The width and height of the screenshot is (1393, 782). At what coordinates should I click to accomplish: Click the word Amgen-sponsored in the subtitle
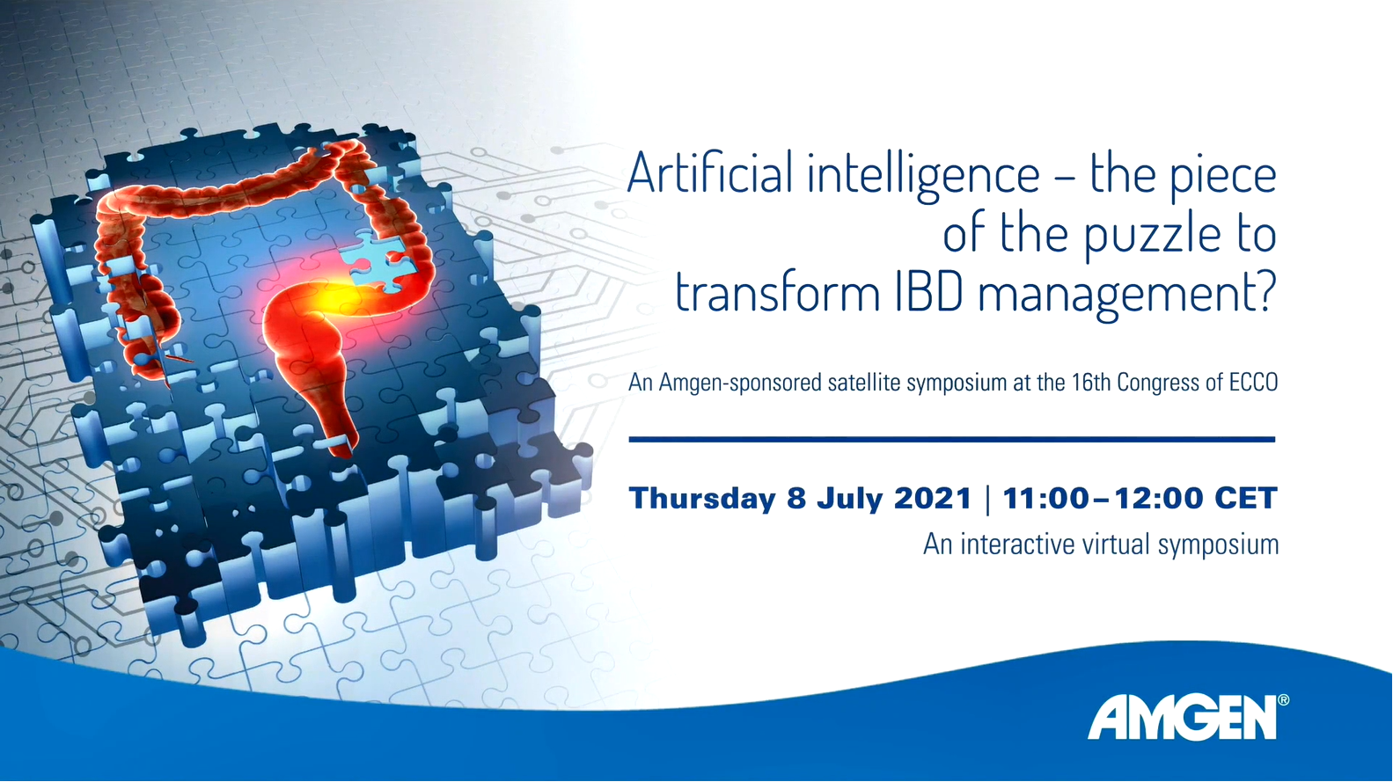pyautogui.click(x=740, y=383)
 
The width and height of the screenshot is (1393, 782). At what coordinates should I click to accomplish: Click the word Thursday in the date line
pyautogui.click(x=702, y=499)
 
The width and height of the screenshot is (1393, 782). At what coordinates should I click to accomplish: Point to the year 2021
pyautogui.click(x=932, y=498)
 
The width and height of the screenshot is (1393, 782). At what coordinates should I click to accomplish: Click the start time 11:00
pyautogui.click(x=1046, y=498)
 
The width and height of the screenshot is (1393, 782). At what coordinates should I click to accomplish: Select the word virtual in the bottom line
pyautogui.click(x=1117, y=544)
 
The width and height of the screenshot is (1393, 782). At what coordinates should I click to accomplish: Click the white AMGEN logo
pyautogui.click(x=1182, y=719)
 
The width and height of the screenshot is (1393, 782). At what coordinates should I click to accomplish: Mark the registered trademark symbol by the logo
pyautogui.click(x=1283, y=700)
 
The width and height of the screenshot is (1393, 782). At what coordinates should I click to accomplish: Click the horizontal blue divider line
pyautogui.click(x=952, y=440)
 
